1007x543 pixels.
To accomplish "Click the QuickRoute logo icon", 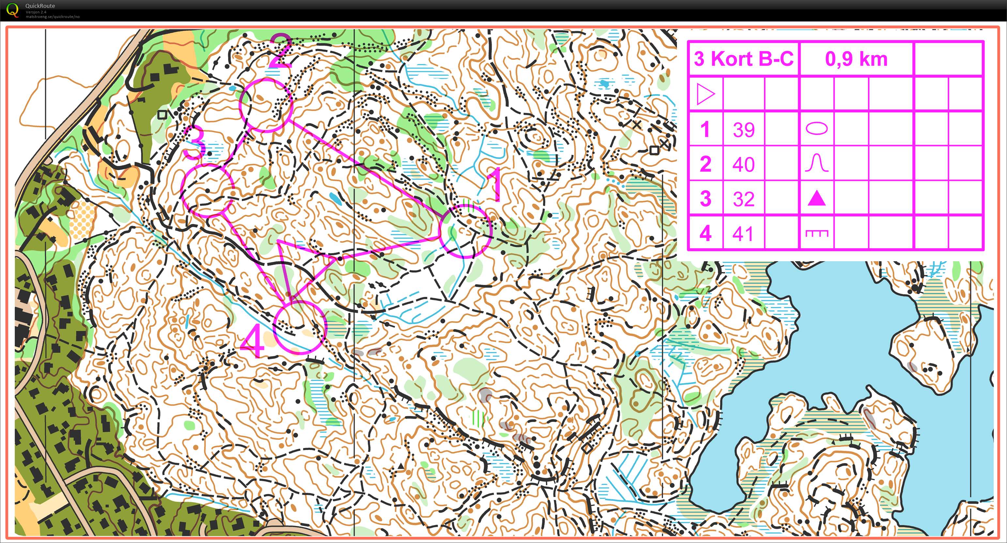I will pos(12,9).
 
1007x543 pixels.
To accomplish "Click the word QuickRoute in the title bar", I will pos(40,6).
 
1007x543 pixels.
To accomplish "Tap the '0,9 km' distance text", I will pos(856,59).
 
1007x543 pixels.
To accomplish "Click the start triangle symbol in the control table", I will pos(705,94).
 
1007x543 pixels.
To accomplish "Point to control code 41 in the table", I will pos(743,233).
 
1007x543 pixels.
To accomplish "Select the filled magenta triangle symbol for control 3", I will pos(817,198).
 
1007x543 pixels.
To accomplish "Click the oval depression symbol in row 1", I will pos(817,128).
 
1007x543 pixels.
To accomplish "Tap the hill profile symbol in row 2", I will pos(817,163).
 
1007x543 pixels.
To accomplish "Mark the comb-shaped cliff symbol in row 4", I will pos(817,233).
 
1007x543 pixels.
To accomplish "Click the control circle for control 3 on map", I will pos(208,190).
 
